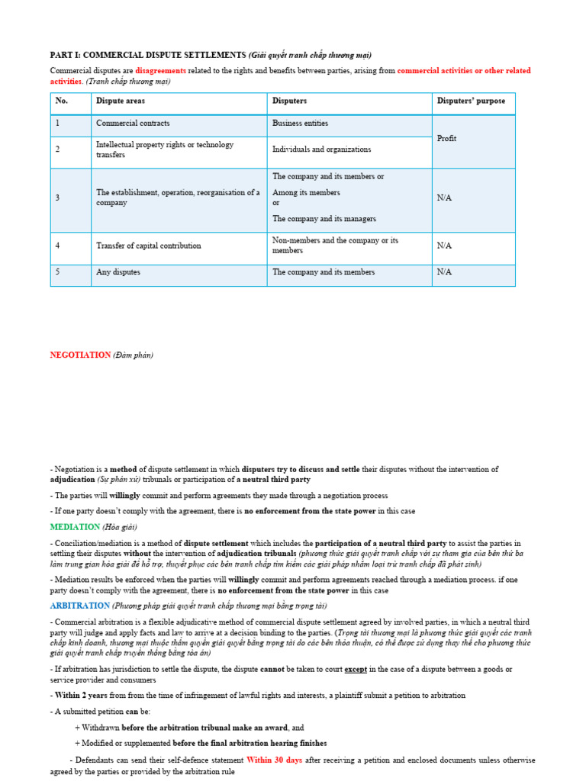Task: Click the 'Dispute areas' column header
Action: click(x=121, y=101)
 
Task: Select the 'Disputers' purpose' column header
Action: click(x=470, y=101)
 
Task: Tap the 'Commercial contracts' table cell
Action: click(x=133, y=123)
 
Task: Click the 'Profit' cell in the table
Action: click(x=447, y=138)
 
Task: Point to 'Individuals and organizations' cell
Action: click(x=321, y=149)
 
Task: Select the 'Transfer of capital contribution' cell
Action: click(x=149, y=246)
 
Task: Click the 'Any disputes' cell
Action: click(x=118, y=272)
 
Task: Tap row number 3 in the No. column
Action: click(x=58, y=198)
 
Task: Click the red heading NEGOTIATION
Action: click(x=80, y=355)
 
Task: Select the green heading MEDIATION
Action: click(x=75, y=527)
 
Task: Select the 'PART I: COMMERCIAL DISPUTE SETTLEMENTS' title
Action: click(x=148, y=55)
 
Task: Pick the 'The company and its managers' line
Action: click(x=324, y=219)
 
